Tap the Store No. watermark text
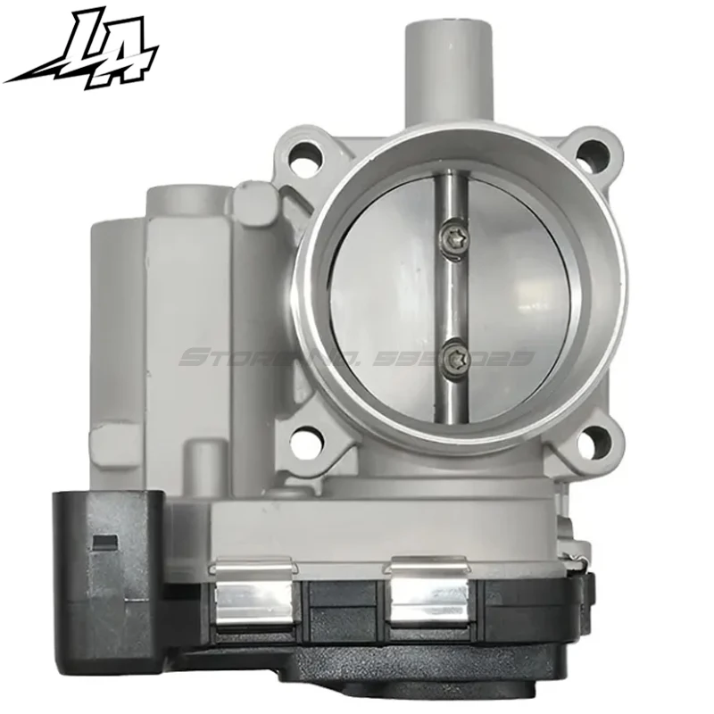pos(357,360)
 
